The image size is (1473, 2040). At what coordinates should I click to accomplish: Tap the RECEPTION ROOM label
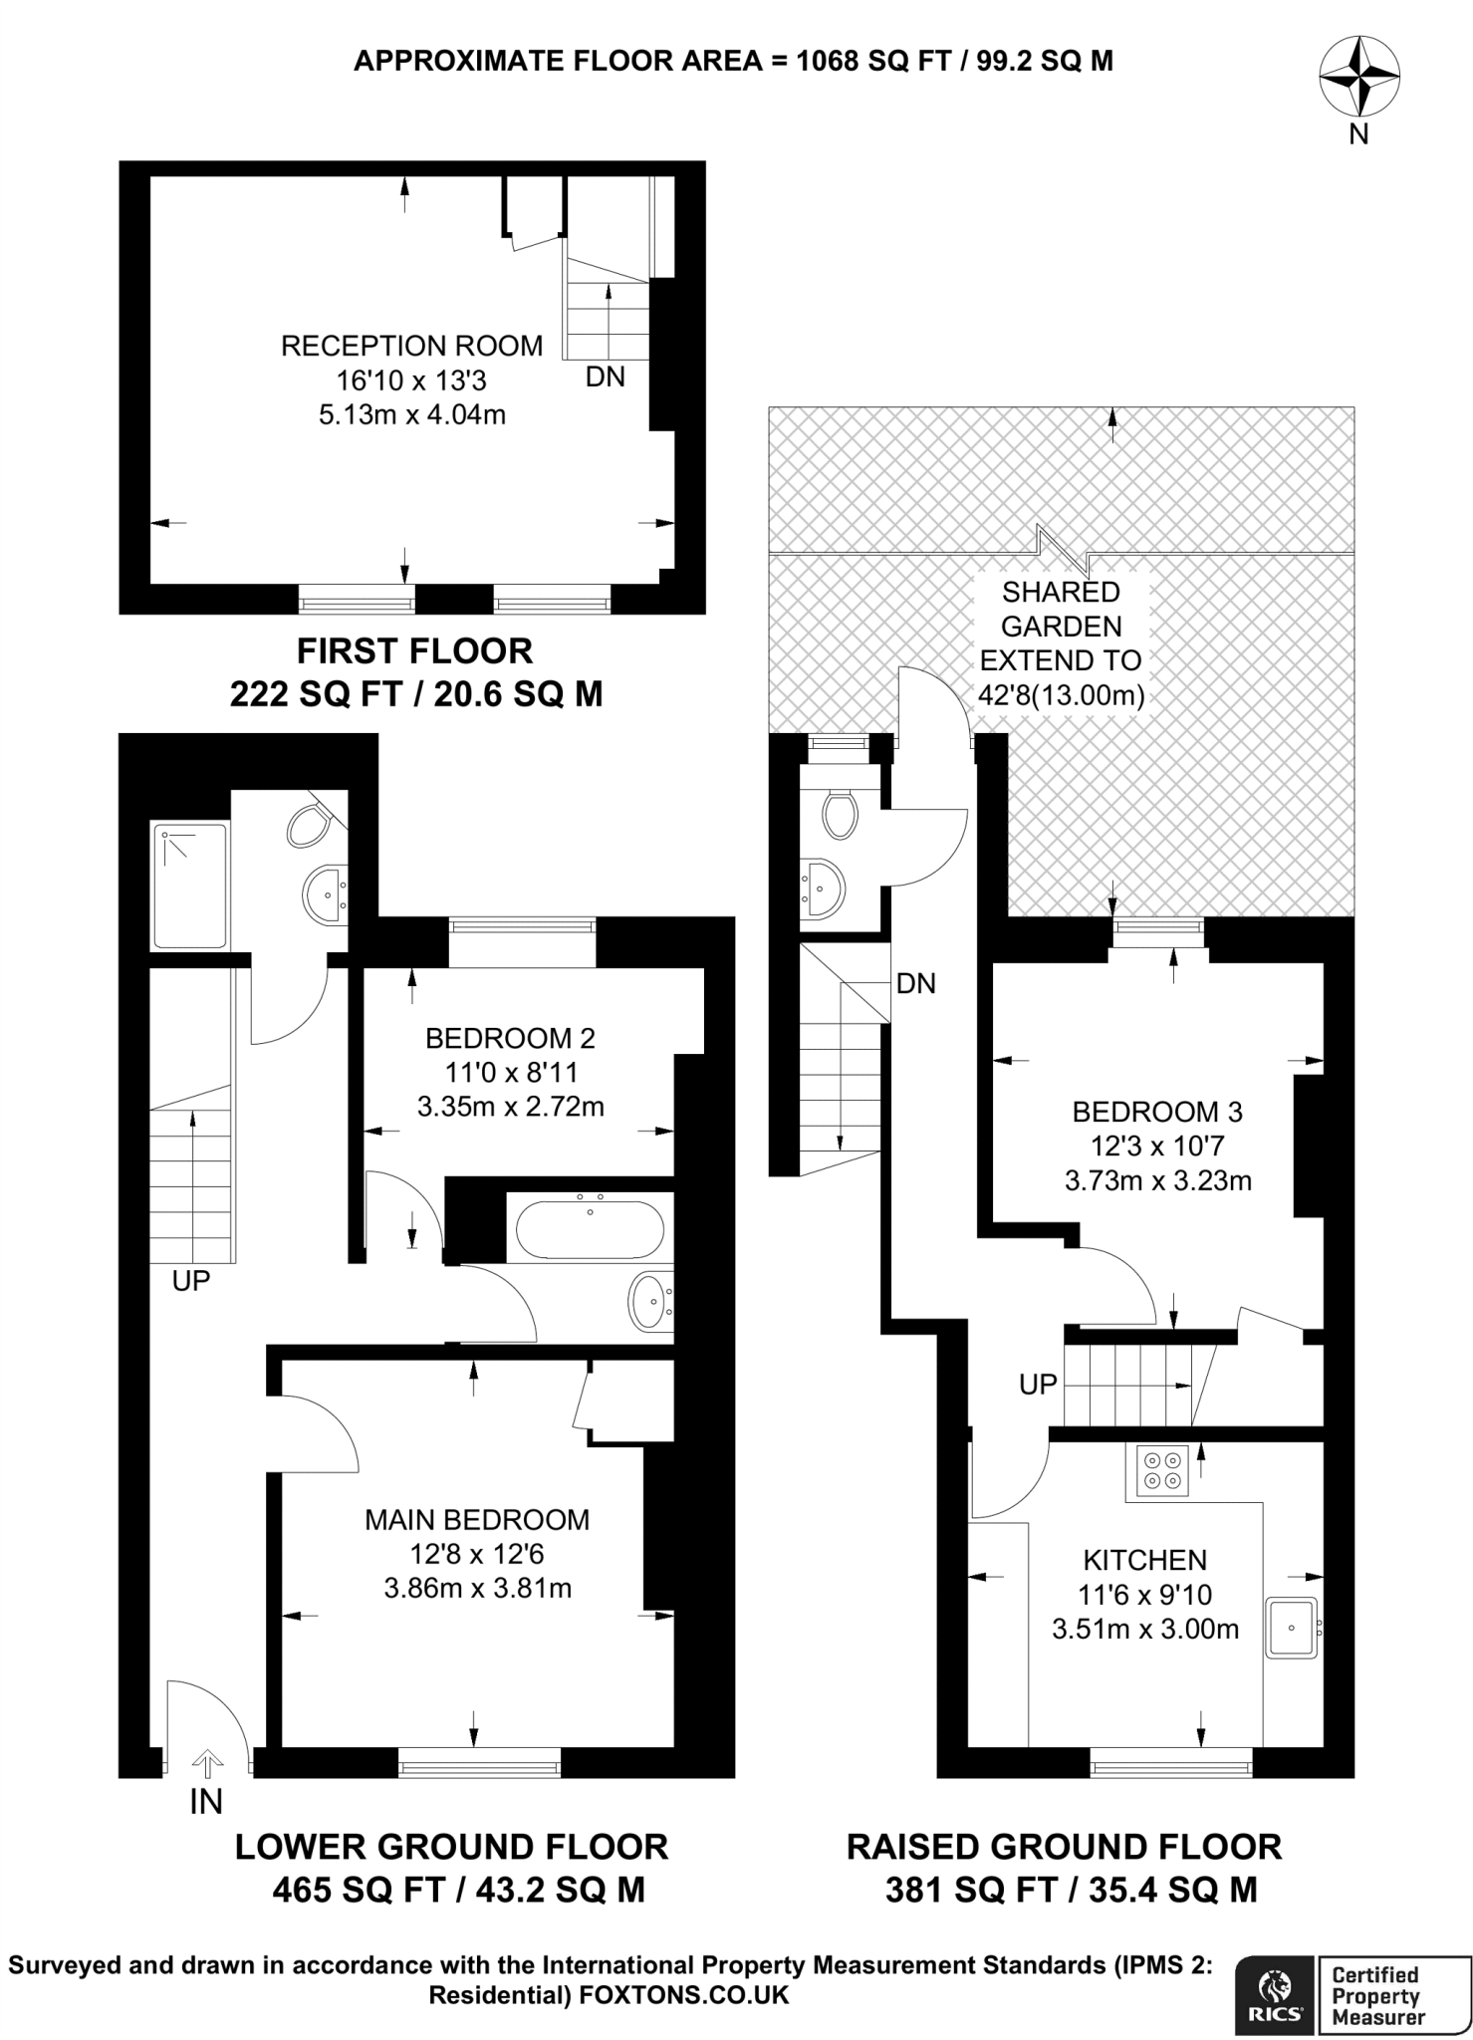[x=411, y=346]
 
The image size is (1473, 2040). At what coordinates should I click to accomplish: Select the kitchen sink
[x=1293, y=1628]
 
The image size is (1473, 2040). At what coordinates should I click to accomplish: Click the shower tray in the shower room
[x=189, y=885]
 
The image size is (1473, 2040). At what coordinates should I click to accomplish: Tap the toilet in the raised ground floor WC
[x=840, y=813]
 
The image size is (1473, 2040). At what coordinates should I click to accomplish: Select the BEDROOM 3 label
[x=1157, y=1112]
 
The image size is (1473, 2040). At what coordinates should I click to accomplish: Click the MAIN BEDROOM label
[x=476, y=1519]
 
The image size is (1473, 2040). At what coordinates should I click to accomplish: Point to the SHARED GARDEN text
[x=1061, y=610]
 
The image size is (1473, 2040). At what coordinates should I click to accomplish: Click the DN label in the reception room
[x=605, y=377]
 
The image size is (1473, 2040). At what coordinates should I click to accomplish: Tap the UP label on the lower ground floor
[x=190, y=1281]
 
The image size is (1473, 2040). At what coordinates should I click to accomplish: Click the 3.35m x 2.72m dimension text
[x=510, y=1106]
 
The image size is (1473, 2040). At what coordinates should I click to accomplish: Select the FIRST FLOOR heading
[x=414, y=650]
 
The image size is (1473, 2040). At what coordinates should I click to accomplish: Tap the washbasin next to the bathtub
[x=650, y=1302]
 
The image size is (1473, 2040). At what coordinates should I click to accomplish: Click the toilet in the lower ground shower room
[x=310, y=825]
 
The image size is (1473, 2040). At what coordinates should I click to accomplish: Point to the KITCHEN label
[x=1144, y=1560]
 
